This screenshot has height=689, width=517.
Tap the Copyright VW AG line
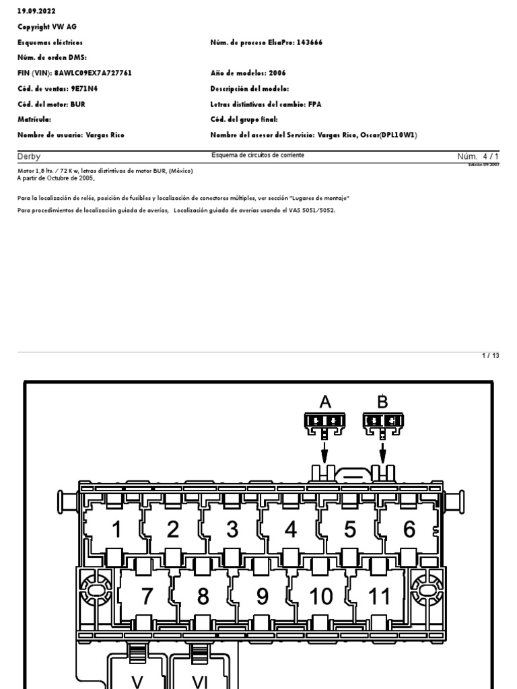tap(44, 26)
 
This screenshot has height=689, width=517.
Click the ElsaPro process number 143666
tap(310, 42)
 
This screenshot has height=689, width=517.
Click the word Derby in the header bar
tap(29, 157)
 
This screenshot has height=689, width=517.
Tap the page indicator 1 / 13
tap(491, 355)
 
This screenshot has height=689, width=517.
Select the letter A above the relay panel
tap(325, 402)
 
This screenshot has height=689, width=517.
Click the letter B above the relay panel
tap(382, 402)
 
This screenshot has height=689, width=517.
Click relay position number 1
tap(116, 530)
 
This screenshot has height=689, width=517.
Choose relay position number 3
tap(232, 530)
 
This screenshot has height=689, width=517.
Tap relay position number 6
tap(409, 530)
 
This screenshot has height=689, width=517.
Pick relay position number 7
tap(147, 596)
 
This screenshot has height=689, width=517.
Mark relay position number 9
tap(262, 596)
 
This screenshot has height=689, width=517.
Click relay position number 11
tap(379, 596)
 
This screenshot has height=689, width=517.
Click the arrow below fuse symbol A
tap(325, 450)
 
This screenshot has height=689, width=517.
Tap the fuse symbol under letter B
tap(382, 422)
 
